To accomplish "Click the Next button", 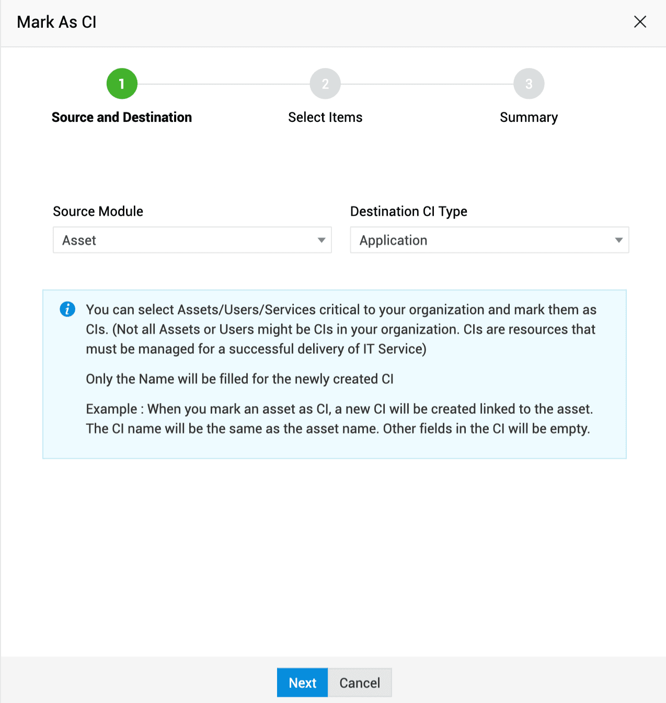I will pyautogui.click(x=302, y=683).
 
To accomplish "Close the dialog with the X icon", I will pyautogui.click(x=640, y=22).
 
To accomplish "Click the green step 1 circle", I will pyautogui.click(x=122, y=84).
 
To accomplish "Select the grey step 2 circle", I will pyautogui.click(x=325, y=84).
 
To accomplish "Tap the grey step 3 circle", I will pyautogui.click(x=529, y=84).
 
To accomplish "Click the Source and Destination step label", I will pyautogui.click(x=122, y=117).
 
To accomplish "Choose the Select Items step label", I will pyautogui.click(x=325, y=117).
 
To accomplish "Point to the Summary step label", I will pyautogui.click(x=529, y=117).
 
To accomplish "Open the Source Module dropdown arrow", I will pyautogui.click(x=321, y=240).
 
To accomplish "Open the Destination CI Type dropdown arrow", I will pyautogui.click(x=618, y=240).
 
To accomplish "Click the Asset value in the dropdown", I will pyautogui.click(x=79, y=241).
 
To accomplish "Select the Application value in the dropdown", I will pyautogui.click(x=393, y=241).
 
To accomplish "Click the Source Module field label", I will pyautogui.click(x=98, y=211).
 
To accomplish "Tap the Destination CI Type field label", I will pyautogui.click(x=408, y=211).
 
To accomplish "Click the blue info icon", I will pyautogui.click(x=67, y=309).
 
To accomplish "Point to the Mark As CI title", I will pyautogui.click(x=56, y=22).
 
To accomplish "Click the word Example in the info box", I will pyautogui.click(x=111, y=409).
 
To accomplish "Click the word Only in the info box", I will pyautogui.click(x=99, y=379).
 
